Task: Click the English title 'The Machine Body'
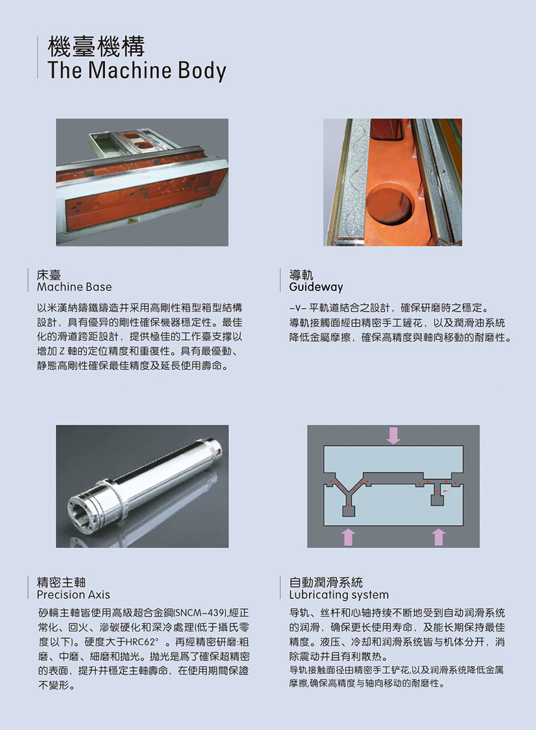click(x=136, y=70)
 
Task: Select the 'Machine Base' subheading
click(x=74, y=287)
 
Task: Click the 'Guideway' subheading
click(x=316, y=287)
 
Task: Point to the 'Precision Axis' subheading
click(x=73, y=594)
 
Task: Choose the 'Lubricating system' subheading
click(x=339, y=594)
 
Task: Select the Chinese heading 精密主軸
click(x=61, y=582)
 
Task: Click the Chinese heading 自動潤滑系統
click(x=326, y=582)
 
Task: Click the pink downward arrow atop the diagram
click(x=393, y=434)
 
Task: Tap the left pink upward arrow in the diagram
click(x=347, y=536)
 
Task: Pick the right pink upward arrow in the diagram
click(x=439, y=536)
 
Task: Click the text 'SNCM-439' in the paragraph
click(x=200, y=613)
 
